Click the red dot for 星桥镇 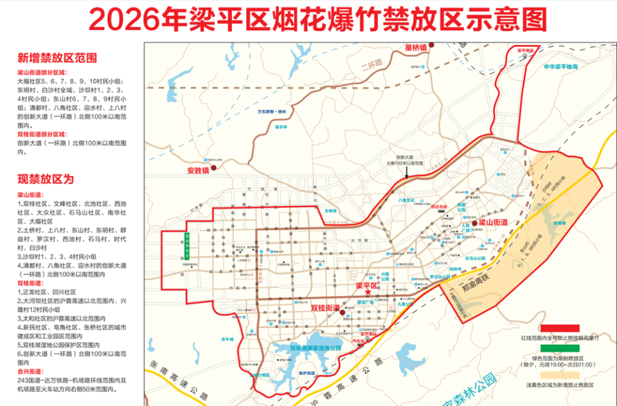click(432, 45)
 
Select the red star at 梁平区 click(367, 293)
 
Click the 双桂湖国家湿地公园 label click(316, 348)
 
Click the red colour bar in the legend click(560, 328)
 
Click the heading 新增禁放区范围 click(57, 58)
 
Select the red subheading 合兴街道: click(30, 371)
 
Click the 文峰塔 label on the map click(330, 210)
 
